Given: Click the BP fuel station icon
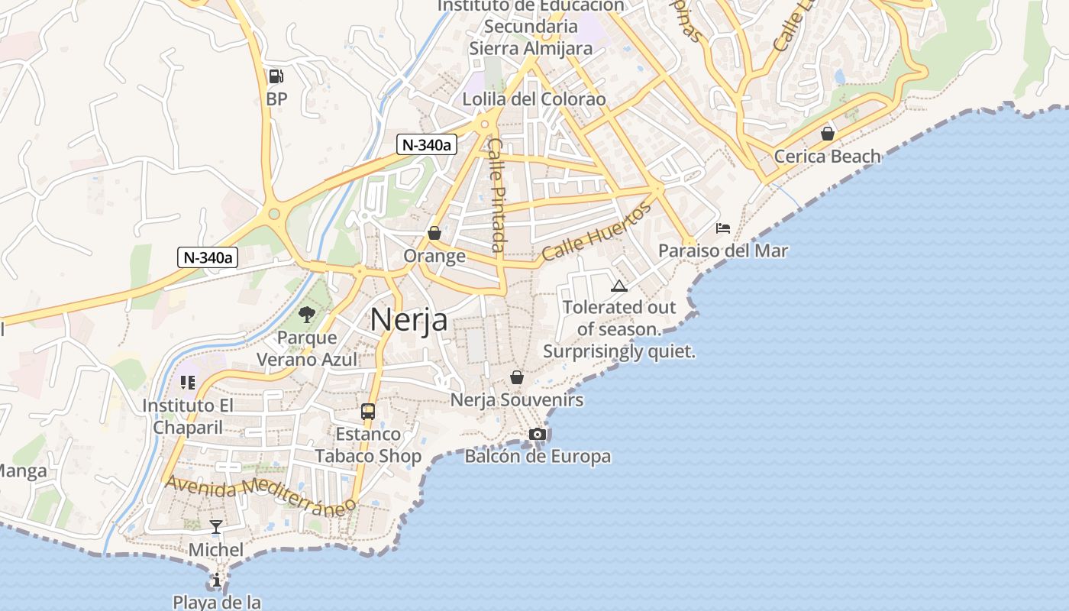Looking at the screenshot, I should click(276, 76).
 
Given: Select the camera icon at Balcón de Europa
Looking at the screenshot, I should click(538, 435).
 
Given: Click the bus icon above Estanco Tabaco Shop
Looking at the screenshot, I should click(368, 412).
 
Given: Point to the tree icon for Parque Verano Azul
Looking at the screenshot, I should click(307, 314).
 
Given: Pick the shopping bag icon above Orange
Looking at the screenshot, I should click(434, 233).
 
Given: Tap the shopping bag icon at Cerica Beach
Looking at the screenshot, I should click(827, 134).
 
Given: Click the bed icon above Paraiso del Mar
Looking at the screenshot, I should click(723, 228).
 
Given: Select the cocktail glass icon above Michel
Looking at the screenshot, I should click(216, 527).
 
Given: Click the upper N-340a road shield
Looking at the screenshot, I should click(426, 144).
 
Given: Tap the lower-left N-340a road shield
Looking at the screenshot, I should click(208, 257).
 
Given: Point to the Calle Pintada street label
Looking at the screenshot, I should click(497, 195).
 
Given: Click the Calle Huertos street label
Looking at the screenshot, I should click(597, 231).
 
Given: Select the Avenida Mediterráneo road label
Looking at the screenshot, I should click(260, 495).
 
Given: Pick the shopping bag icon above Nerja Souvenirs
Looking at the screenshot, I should click(517, 377).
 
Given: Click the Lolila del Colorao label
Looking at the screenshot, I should click(534, 99).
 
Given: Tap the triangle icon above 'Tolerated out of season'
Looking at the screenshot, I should click(619, 286).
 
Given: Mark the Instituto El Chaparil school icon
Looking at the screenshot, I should click(187, 382).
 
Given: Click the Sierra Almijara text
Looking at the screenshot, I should click(530, 48).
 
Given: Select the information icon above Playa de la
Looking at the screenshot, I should click(217, 580).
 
